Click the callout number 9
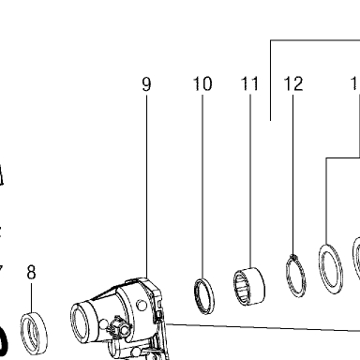click(146, 84)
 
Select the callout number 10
click(202, 83)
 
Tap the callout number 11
click(250, 83)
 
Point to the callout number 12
click(293, 83)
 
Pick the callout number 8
click(31, 272)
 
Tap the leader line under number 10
click(202, 187)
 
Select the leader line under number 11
click(250, 181)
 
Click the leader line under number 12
click(293, 175)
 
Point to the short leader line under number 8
click(31, 298)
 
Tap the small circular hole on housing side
click(142, 306)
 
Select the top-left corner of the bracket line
click(271, 40)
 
